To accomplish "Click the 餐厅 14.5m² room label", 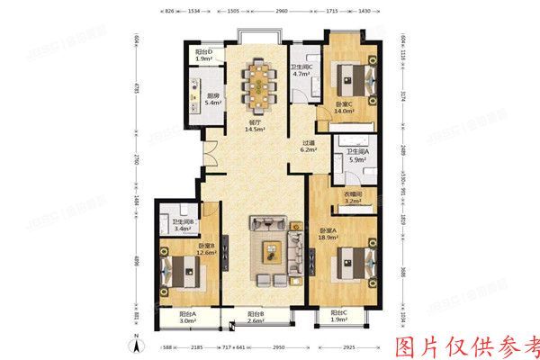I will [x=256, y=127].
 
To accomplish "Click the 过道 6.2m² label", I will [x=309, y=147].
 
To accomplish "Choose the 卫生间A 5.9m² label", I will [x=359, y=156].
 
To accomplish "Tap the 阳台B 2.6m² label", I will [x=257, y=317].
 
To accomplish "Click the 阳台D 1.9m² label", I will [x=204, y=58].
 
